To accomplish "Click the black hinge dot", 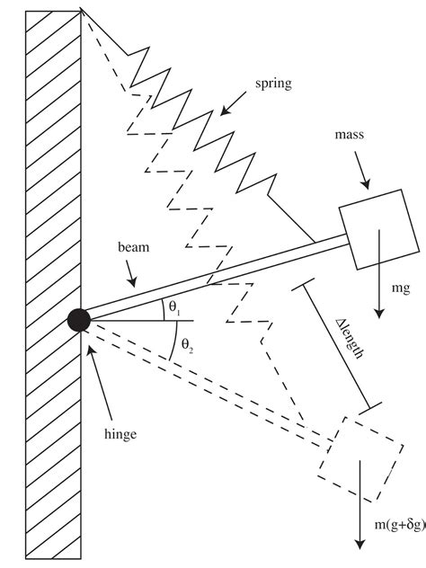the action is click(x=79, y=320).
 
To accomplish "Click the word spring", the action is click(x=273, y=84).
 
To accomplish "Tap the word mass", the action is click(x=350, y=135).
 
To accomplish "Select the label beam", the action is click(x=133, y=247).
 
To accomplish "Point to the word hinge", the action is click(x=120, y=433).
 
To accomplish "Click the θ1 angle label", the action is click(x=174, y=307).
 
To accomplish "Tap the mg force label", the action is click(x=401, y=288).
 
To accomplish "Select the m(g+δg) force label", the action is click(x=400, y=525).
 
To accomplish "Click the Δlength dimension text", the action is click(x=349, y=339).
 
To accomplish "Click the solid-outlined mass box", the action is click(x=379, y=229).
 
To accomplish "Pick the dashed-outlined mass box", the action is click(x=360, y=459).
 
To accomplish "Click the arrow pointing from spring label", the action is click(x=233, y=103).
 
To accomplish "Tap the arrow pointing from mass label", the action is click(x=362, y=170).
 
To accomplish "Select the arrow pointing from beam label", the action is click(x=131, y=273).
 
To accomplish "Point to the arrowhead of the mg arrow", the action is click(x=379, y=314).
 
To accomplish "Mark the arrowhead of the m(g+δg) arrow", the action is click(x=359, y=545).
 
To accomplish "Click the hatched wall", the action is click(x=53, y=285).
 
